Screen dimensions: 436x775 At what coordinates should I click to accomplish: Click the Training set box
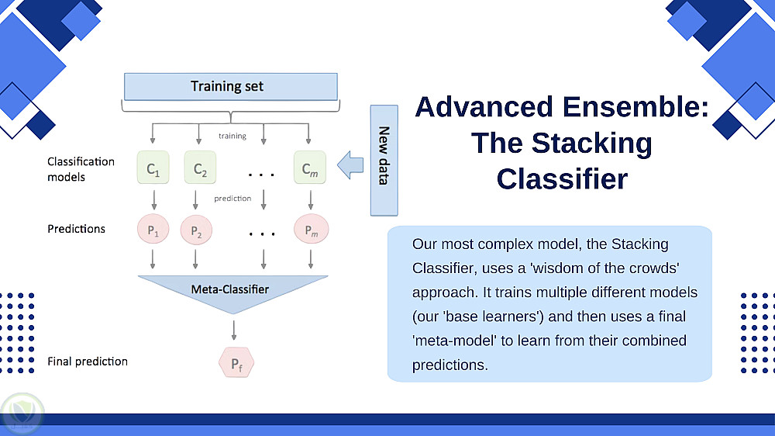(230, 86)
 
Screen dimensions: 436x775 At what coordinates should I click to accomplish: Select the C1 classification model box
(153, 168)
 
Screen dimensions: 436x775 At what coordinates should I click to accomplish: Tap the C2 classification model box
(200, 168)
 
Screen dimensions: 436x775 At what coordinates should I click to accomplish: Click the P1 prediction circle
(153, 230)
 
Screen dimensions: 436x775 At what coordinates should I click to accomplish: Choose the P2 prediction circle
(196, 230)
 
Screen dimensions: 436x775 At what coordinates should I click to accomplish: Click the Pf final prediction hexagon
(236, 362)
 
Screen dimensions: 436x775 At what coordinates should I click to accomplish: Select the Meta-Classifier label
(230, 289)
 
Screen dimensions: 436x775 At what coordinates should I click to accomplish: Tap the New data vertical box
(383, 159)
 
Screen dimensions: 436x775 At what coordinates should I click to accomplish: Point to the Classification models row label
(81, 169)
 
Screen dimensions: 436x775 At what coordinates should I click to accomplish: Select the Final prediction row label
(88, 362)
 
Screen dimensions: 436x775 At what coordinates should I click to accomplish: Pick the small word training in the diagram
(232, 137)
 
